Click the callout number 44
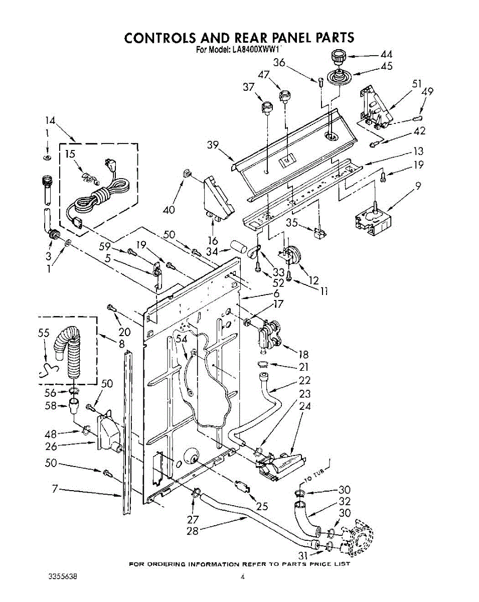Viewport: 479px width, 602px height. pyautogui.click(x=386, y=55)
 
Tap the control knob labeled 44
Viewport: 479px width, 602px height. pyautogui.click(x=338, y=58)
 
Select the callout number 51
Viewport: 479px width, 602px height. pyautogui.click(x=416, y=84)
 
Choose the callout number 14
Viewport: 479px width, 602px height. pyautogui.click(x=50, y=121)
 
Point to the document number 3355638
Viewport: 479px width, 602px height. pyautogui.click(x=63, y=576)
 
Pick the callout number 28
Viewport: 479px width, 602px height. pyautogui.click(x=193, y=531)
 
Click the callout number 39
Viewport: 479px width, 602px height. pyautogui.click(x=213, y=144)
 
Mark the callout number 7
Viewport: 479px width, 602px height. pyautogui.click(x=55, y=489)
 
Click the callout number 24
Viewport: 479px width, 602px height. pyautogui.click(x=304, y=406)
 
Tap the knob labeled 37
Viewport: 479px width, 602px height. pyautogui.click(x=267, y=108)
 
